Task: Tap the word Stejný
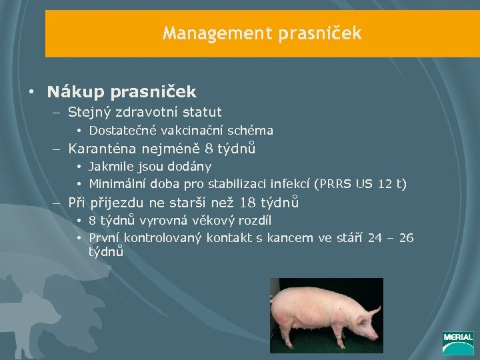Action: [90, 112]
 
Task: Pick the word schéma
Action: [250, 131]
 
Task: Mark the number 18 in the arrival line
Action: [246, 203]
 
